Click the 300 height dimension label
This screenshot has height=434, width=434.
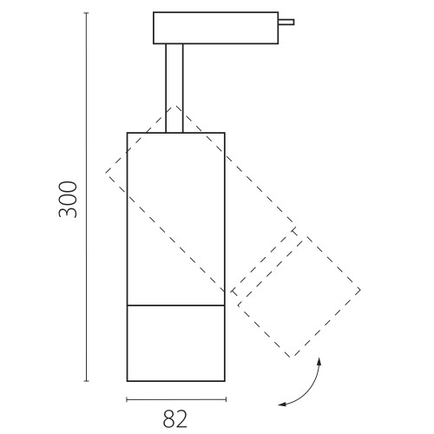[x=69, y=200]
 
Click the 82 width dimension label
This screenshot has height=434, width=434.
[x=175, y=418]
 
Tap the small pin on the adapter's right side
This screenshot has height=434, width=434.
[x=286, y=22]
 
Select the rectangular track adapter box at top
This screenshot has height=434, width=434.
[x=216, y=28]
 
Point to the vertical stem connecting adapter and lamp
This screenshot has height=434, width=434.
[x=174, y=89]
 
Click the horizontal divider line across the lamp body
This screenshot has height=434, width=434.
[x=176, y=306]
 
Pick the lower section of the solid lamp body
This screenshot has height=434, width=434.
[x=176, y=343]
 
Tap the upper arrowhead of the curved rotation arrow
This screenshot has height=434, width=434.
[x=319, y=360]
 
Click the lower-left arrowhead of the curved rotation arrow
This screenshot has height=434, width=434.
[x=281, y=404]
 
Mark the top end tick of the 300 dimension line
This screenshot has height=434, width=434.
[x=86, y=13]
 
